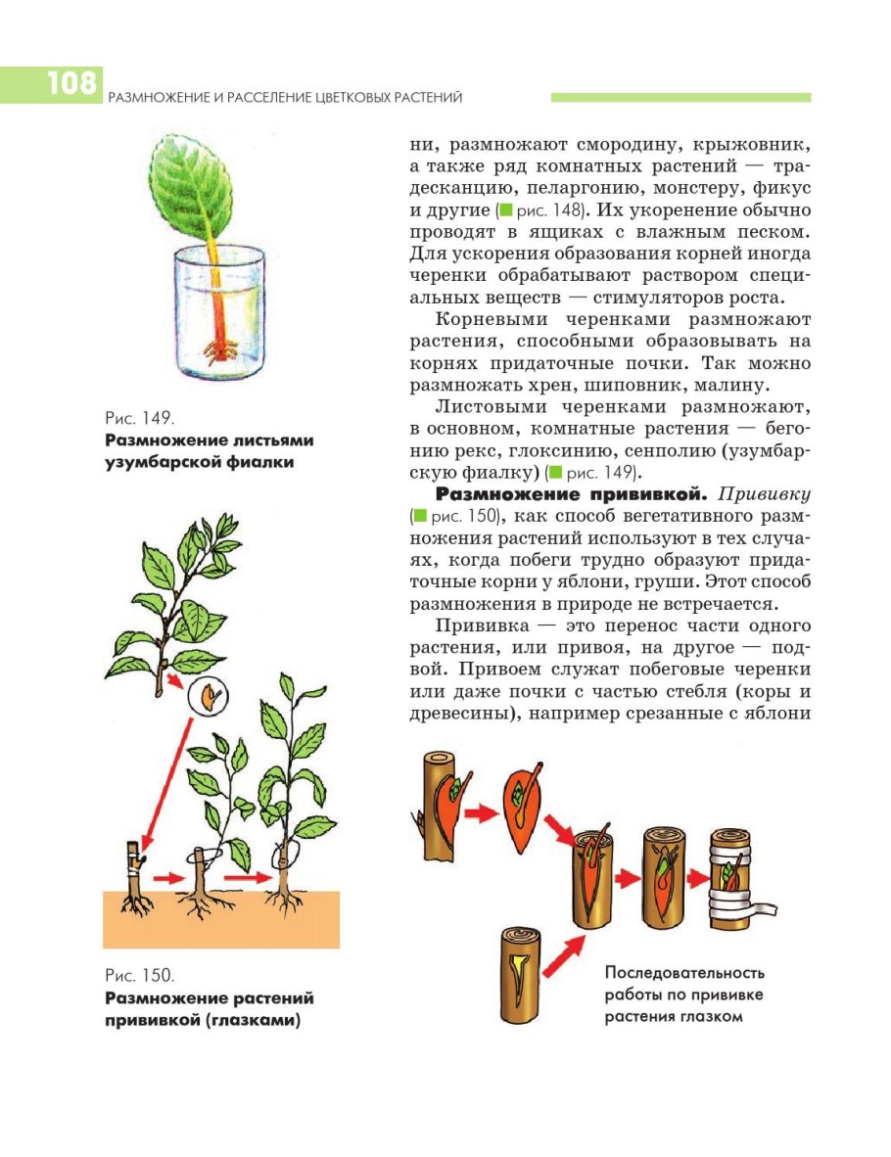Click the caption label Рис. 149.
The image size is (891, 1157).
click(x=133, y=418)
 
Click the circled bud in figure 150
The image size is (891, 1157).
click(x=209, y=696)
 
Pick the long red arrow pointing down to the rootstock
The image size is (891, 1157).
click(x=165, y=773)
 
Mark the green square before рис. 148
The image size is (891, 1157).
click(x=505, y=210)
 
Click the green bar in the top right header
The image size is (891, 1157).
click(x=680, y=98)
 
